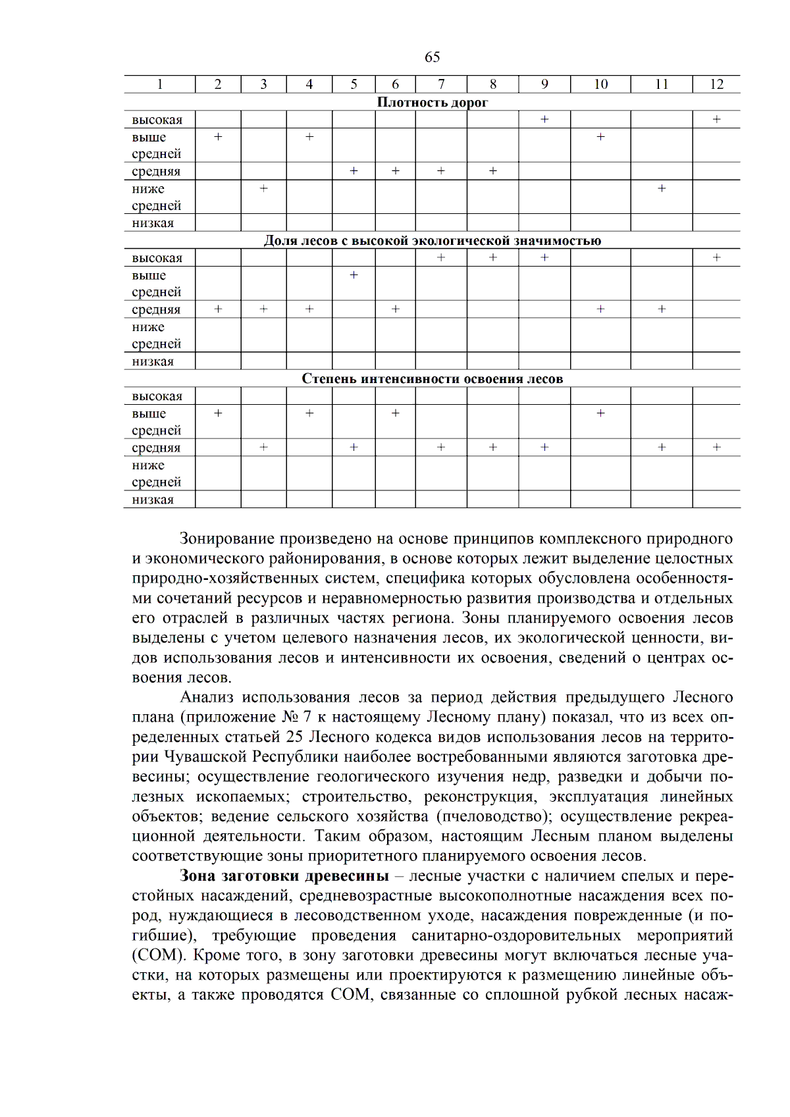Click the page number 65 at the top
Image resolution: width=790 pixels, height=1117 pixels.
click(x=432, y=57)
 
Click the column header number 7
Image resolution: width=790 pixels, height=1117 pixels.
click(x=441, y=84)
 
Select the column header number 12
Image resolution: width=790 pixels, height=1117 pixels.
click(x=716, y=84)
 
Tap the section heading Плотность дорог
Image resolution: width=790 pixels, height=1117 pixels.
click(x=432, y=102)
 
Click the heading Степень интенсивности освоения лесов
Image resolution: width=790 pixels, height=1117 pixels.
click(x=432, y=378)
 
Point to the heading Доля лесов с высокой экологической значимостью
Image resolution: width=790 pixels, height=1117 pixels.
click(x=432, y=240)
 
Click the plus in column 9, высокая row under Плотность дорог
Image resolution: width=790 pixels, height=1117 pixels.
click(x=544, y=119)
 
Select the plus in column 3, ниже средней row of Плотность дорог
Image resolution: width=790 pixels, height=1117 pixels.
click(x=263, y=188)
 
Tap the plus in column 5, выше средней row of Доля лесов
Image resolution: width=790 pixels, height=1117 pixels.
click(x=354, y=274)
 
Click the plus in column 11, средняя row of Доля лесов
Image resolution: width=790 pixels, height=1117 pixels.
click(x=662, y=309)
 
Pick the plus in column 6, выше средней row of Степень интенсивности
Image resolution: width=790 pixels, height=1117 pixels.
click(x=395, y=413)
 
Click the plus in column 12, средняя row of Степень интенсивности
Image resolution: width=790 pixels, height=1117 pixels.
click(x=716, y=447)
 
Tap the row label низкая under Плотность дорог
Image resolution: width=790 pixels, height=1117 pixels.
click(x=153, y=223)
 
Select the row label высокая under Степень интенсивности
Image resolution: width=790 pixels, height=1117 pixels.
click(x=157, y=396)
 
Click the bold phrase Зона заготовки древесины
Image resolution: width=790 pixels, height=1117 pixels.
click(x=284, y=876)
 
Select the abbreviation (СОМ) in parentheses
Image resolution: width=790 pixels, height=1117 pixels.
click(x=158, y=956)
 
